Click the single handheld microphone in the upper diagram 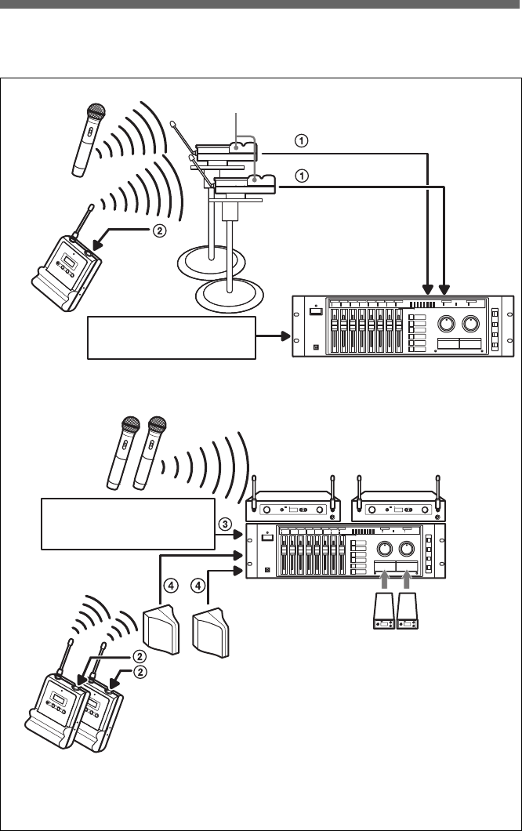pos(88,140)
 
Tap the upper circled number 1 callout pos(301,141)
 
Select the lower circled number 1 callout pos(301,176)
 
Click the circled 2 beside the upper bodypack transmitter pos(158,231)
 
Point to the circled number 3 pos(225,524)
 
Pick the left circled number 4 pos(170,586)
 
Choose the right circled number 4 pos(198,586)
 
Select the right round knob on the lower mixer pos(407,548)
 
